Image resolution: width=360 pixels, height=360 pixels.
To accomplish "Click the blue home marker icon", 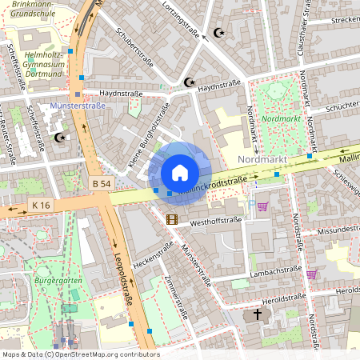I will (180, 172).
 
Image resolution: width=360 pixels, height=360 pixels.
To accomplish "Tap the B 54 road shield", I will (102, 184).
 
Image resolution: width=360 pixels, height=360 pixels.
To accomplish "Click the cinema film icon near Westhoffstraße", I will (171, 218).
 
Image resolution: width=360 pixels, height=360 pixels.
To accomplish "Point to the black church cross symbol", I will (258, 314).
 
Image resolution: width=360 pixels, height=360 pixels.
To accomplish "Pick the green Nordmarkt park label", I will (281, 119).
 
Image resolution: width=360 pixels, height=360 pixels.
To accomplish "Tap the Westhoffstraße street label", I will (215, 221).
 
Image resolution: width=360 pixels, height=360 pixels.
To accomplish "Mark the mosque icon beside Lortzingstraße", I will (217, 34).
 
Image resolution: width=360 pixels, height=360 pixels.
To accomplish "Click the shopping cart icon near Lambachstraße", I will (311, 274).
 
